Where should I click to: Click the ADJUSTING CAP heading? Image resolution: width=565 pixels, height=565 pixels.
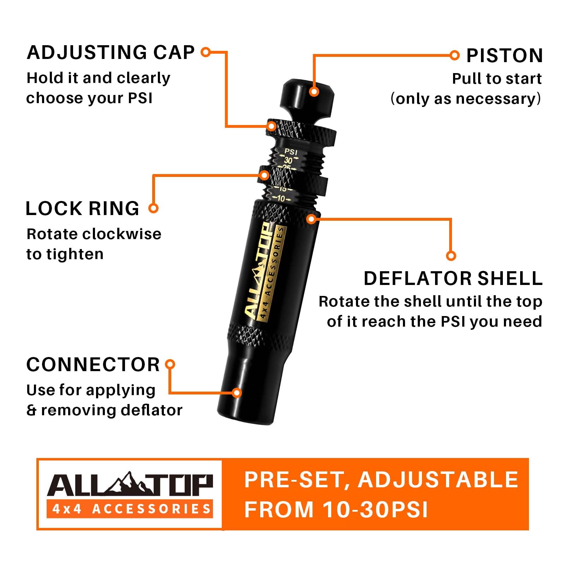111,53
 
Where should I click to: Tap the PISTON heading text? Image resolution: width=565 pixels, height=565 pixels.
504,56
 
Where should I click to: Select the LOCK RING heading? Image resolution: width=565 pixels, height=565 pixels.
82,208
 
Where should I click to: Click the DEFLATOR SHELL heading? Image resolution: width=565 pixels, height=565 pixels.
453,279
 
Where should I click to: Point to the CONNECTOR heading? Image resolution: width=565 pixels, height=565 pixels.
93,364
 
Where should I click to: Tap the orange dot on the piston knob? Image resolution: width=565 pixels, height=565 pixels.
314,92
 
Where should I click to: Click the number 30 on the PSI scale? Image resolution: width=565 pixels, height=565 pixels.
289,160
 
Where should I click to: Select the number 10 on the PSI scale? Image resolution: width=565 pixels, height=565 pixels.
281,199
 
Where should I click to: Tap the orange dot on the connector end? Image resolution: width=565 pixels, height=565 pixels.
237,393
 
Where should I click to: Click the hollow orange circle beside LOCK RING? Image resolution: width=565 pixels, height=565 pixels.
153,208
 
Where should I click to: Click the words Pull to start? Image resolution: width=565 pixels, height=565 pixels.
496,79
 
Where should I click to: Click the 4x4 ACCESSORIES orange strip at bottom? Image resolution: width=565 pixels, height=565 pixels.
130,509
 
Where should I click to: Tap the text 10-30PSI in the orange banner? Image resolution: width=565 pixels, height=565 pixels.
375,510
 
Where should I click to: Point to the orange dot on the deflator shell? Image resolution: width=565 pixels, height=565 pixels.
311,219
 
